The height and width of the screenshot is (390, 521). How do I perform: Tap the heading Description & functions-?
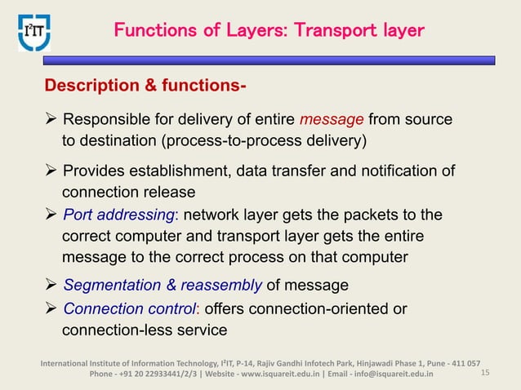pyautogui.click(x=145, y=86)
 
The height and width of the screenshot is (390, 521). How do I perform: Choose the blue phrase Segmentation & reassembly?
pyautogui.click(x=163, y=286)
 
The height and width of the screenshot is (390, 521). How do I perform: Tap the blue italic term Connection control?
pyautogui.click(x=129, y=310)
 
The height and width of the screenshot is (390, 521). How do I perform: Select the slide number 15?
pyautogui.click(x=486, y=374)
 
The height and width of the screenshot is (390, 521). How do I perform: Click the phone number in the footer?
pyautogui.click(x=145, y=374)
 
